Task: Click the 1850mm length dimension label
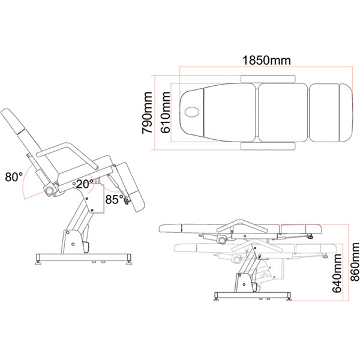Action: [266, 61]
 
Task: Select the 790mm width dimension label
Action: [147, 113]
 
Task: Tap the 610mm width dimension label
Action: [166, 113]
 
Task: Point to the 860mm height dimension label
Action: [355, 262]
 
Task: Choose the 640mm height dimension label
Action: [337, 273]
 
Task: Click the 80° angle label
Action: [14, 177]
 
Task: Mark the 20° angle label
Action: [85, 184]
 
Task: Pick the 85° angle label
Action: [114, 199]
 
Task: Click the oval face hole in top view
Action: [193, 112]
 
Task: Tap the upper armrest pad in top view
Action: [268, 79]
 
